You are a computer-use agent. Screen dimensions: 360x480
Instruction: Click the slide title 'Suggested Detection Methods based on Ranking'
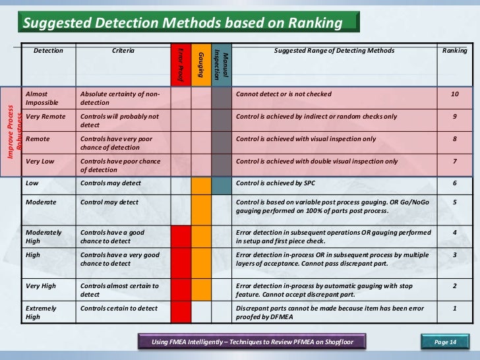tap(183, 24)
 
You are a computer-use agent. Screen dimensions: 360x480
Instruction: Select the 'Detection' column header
tap(48, 51)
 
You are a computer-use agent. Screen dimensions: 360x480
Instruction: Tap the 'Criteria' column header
tap(123, 51)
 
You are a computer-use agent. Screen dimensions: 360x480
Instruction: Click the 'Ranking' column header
tap(455, 51)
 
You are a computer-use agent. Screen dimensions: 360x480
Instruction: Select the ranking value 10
tap(455, 95)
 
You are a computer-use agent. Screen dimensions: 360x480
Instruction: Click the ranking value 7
tap(455, 162)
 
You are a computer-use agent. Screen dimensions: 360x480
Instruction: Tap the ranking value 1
tap(455, 308)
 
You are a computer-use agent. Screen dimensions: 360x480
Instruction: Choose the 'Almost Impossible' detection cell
tap(42, 99)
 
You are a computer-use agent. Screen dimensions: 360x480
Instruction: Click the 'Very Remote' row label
tap(45, 117)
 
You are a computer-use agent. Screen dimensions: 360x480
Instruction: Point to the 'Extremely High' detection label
tap(41, 313)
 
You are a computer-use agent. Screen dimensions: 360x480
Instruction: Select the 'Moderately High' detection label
tap(44, 237)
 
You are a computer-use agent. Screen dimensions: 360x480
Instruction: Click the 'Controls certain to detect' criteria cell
tap(119, 309)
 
